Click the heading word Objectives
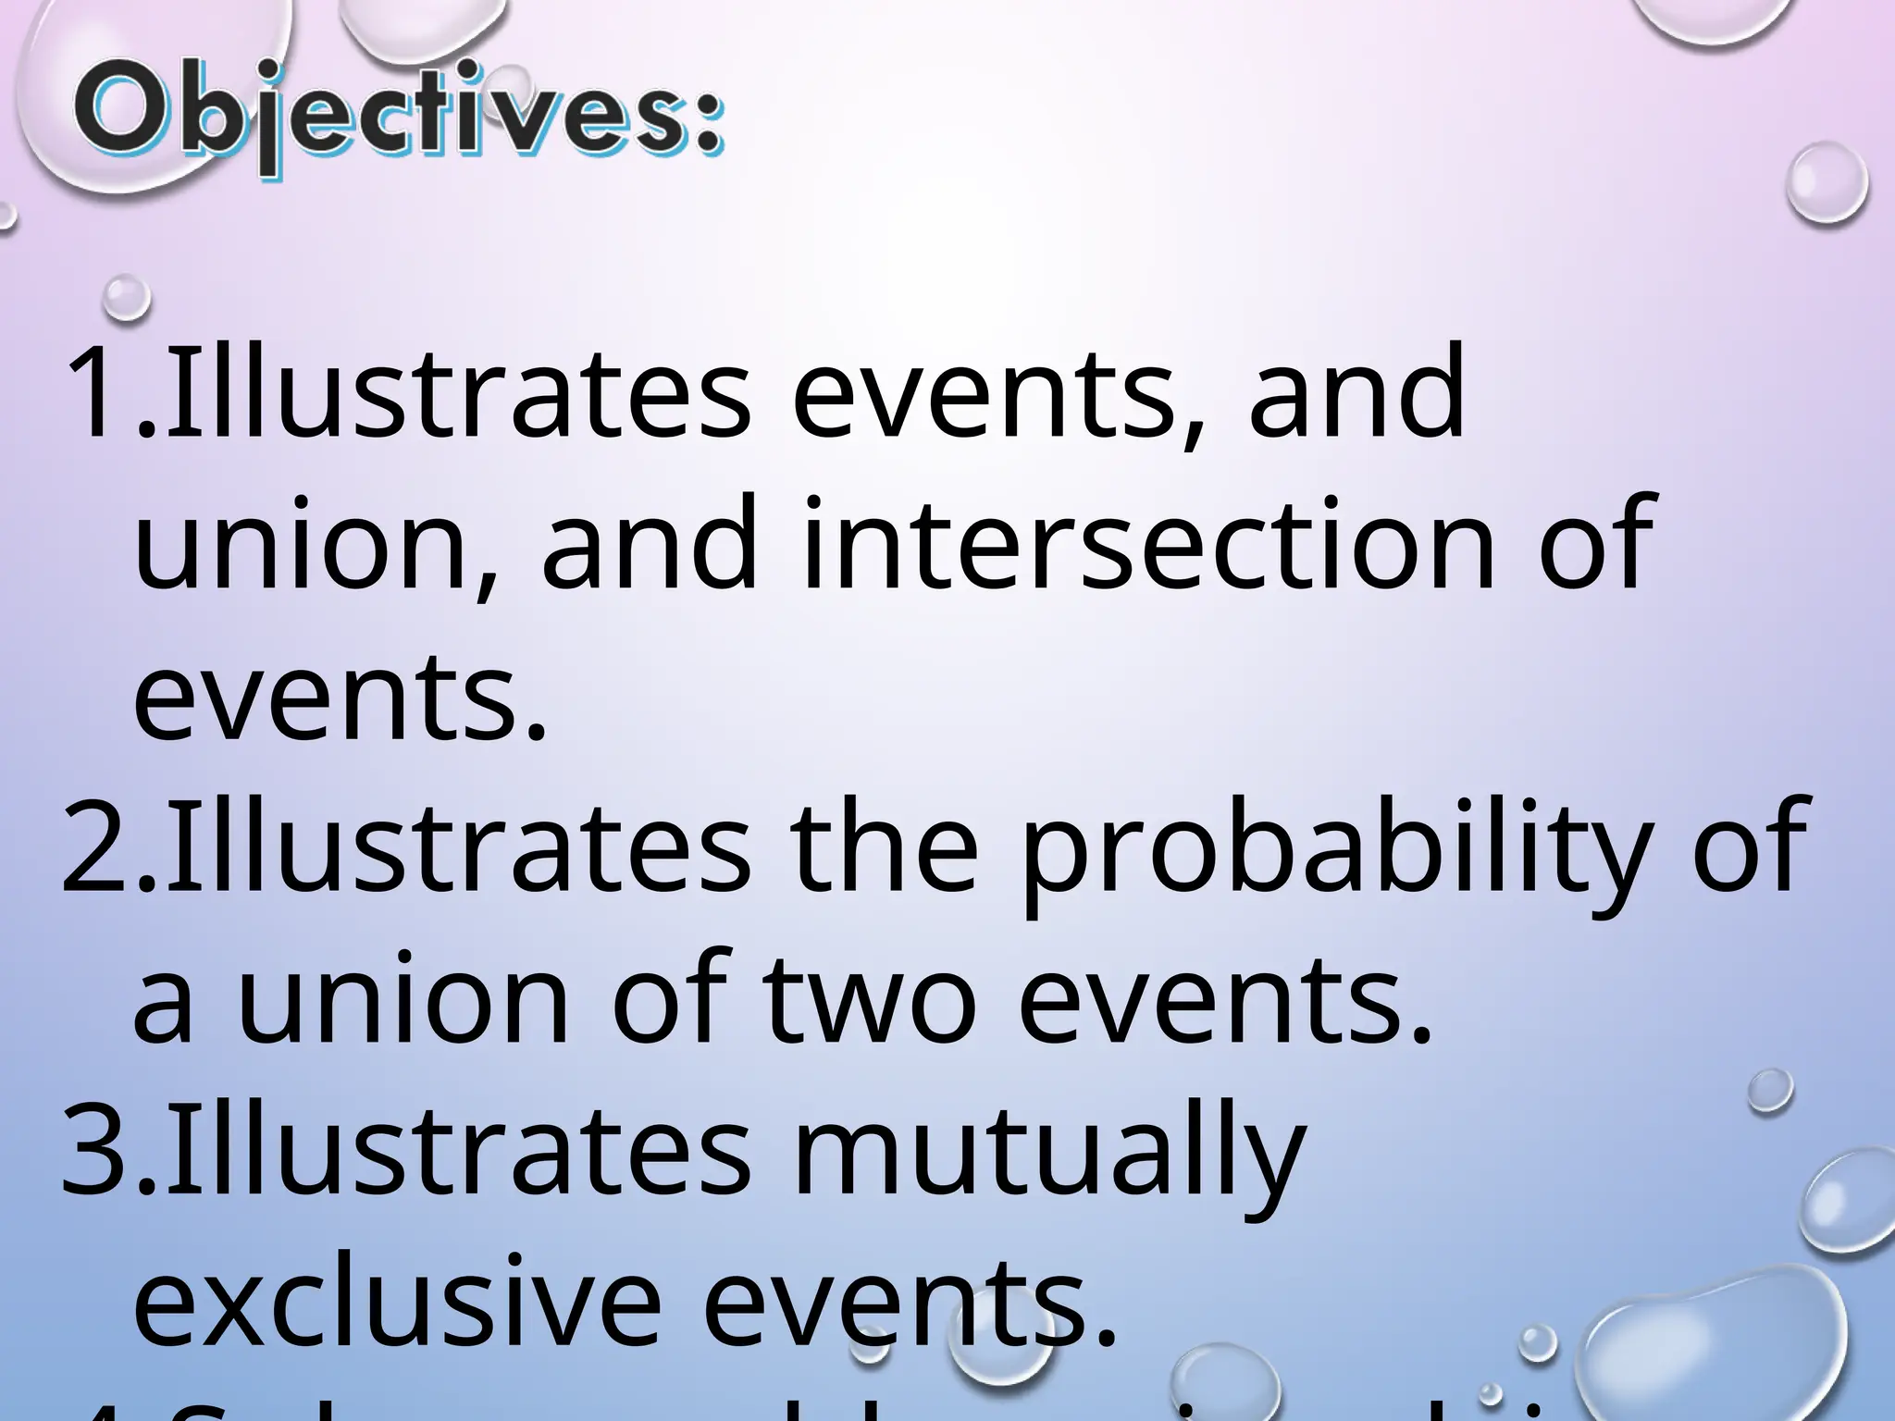398,120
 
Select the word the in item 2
885,846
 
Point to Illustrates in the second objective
457,846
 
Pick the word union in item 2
402,999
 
